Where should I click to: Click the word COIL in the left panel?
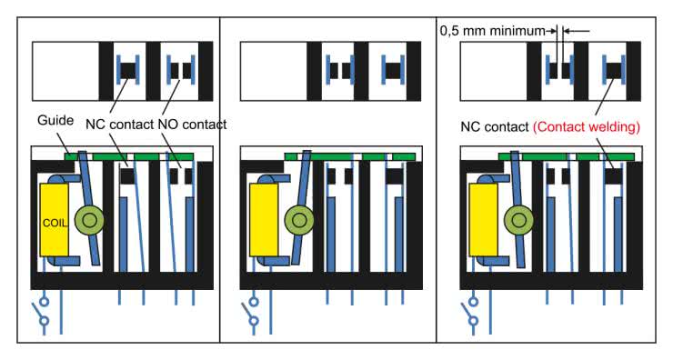click(55, 223)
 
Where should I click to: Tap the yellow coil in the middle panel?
click(264, 220)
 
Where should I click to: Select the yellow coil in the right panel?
click(483, 220)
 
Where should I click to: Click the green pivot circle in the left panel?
click(89, 221)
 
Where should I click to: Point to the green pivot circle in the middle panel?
click(299, 221)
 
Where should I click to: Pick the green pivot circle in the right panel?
click(519, 221)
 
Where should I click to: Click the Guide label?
click(55, 120)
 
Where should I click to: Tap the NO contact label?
click(192, 125)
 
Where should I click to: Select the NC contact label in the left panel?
click(120, 125)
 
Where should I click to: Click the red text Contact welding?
click(587, 127)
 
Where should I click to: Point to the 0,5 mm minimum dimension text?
click(493, 31)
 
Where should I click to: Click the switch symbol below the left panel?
click(41, 312)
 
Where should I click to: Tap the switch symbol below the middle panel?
click(251, 312)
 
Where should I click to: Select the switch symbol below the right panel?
click(470, 312)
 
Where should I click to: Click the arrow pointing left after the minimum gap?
click(576, 31)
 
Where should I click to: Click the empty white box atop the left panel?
click(65, 71)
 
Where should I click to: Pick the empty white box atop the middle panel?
click(274, 71)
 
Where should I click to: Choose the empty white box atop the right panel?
click(494, 71)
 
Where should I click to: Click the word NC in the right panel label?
click(469, 127)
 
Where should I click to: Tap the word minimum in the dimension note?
click(518, 31)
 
